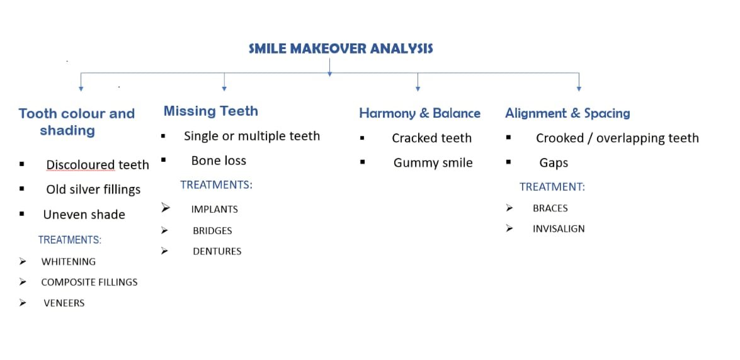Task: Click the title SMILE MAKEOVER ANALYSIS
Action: [341, 48]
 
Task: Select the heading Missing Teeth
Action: [211, 111]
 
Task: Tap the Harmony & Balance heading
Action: [419, 113]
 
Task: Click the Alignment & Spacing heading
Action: [567, 113]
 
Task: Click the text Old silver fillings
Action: [93, 189]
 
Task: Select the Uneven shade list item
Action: [84, 215]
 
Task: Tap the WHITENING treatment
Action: [69, 261]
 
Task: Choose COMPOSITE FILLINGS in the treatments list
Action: [89, 282]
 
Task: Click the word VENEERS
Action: [64, 303]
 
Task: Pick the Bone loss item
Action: [219, 160]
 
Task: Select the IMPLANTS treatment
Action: [214, 210]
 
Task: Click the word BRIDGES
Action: [212, 231]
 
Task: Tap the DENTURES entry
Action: [217, 252]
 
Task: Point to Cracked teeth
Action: [431, 138]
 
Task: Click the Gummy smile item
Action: [433, 163]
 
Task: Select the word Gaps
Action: [554, 163]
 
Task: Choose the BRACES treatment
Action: [550, 208]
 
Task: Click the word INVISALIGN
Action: [559, 229]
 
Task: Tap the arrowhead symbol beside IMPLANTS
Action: [165, 208]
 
